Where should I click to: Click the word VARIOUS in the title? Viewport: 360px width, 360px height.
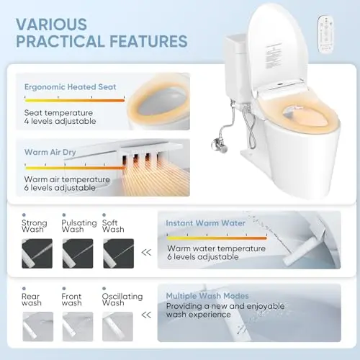[x=51, y=24]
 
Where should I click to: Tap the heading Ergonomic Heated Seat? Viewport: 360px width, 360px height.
[x=71, y=87]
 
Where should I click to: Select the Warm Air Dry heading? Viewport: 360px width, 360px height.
[x=50, y=152]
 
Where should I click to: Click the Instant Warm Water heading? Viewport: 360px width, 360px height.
[x=205, y=223]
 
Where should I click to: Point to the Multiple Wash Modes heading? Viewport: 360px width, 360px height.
[x=207, y=296]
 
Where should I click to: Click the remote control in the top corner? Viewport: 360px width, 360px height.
[x=325, y=34]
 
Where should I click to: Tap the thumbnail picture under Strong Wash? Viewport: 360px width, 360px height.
[x=37, y=253]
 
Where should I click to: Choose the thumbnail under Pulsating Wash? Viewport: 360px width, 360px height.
[x=78, y=253]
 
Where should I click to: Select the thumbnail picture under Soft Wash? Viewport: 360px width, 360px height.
[x=119, y=253]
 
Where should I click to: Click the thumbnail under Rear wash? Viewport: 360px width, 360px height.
[x=38, y=326]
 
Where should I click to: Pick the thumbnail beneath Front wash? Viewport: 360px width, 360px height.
[x=78, y=326]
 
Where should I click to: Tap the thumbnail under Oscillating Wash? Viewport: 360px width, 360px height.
[x=117, y=326]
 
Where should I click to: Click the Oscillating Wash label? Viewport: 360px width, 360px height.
[x=122, y=300]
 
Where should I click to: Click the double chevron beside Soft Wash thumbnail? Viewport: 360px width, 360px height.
[x=146, y=253]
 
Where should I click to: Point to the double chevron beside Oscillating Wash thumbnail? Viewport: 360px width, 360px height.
[x=146, y=315]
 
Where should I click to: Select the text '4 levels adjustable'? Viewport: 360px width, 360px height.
[x=60, y=122]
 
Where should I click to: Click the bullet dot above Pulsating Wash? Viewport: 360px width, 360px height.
[x=64, y=215]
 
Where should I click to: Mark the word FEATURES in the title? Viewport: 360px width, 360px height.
[x=148, y=41]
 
